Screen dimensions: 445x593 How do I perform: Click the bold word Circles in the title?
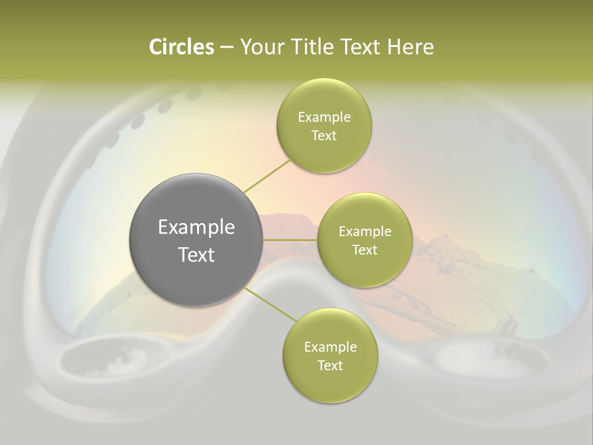coord(181,47)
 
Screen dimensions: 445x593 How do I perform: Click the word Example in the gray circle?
coord(196,227)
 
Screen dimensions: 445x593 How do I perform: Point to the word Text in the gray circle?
coord(196,255)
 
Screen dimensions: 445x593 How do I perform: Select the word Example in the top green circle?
coord(324,117)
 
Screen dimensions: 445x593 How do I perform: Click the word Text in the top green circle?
coord(324,136)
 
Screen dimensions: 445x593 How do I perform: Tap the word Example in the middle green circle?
coord(365,232)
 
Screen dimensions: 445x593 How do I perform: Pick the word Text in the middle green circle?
coord(365,250)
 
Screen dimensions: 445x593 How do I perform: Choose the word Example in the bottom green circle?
coord(330,347)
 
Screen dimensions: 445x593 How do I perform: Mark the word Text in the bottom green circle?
coord(330,366)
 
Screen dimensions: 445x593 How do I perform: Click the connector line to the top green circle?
coord(267,176)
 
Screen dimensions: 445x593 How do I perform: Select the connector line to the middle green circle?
coord(290,240)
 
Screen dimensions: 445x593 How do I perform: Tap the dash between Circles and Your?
coord(227,47)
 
